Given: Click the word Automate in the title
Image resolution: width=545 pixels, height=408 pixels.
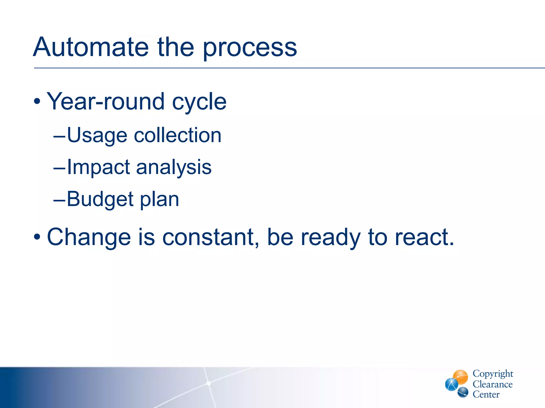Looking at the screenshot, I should click(90, 47).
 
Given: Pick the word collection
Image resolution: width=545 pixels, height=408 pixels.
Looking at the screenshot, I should click(177, 135).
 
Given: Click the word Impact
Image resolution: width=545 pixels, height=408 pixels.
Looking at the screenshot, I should click(98, 167).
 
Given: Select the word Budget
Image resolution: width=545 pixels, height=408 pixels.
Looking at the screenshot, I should click(100, 199).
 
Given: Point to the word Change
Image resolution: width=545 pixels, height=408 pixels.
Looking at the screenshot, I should click(89, 237).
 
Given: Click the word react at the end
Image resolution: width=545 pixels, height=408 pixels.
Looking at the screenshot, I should click(422, 237).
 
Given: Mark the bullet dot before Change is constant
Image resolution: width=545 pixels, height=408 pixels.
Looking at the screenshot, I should click(37, 237).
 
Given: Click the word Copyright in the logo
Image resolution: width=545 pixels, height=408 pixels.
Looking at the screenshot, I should click(493, 373).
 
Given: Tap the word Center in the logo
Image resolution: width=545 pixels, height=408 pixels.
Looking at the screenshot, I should click(486, 394).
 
